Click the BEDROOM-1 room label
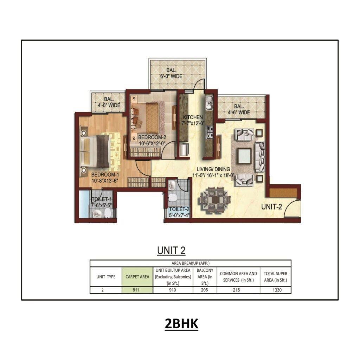(x=106, y=175)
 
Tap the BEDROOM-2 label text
(x=152, y=137)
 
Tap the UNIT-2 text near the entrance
(x=271, y=207)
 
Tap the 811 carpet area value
(x=137, y=290)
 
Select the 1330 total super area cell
(x=276, y=290)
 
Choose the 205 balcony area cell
(x=205, y=290)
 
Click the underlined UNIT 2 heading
(x=171, y=250)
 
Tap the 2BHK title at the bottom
(x=181, y=324)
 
